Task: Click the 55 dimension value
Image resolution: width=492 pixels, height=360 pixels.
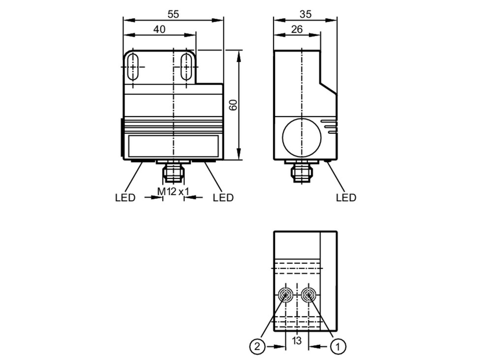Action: [173, 14]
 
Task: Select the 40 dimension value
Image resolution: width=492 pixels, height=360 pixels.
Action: [159, 30]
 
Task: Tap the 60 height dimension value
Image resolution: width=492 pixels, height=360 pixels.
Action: [233, 105]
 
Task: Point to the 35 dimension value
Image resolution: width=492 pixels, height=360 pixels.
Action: [306, 14]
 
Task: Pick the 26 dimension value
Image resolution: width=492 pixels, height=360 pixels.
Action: [297, 30]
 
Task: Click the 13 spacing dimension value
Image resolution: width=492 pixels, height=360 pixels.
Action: [297, 340]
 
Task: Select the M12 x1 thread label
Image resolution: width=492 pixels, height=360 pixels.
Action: [173, 191]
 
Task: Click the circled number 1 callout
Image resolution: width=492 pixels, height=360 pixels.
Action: [338, 347]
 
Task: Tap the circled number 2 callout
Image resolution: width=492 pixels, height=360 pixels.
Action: [257, 347]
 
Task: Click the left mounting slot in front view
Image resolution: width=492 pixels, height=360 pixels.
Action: [134, 67]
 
